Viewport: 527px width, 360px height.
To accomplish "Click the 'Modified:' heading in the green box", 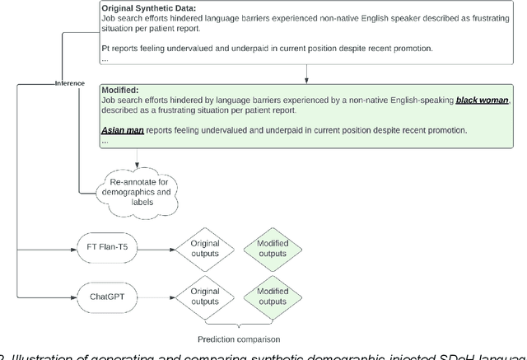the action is point(119,88).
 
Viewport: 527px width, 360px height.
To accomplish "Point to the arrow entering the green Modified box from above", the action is point(306,77).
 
